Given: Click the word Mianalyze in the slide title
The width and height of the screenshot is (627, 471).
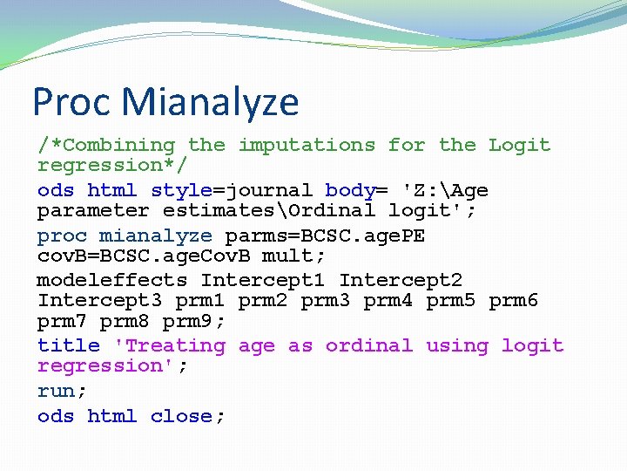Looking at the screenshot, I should coord(211,102).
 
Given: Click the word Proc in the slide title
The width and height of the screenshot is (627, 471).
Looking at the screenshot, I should coord(72,102).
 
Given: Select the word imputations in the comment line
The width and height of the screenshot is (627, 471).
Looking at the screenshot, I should coord(307,145).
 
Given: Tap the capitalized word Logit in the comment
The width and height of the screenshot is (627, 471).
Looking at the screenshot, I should coord(519,145).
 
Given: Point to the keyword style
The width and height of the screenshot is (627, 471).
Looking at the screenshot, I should coord(181,190).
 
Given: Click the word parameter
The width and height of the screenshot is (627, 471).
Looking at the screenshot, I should coord(93,210).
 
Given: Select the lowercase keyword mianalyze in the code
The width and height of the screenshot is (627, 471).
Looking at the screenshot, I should coord(155,235).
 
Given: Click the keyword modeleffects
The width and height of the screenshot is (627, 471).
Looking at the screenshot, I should coord(111,280).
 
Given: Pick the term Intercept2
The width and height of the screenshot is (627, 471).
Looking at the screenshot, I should coord(401,280).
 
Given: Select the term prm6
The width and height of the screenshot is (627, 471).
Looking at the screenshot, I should coord(513,301).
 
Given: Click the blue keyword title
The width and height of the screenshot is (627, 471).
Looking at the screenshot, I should coord(68,346).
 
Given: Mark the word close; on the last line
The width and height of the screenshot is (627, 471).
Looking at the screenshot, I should coord(187,416).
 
